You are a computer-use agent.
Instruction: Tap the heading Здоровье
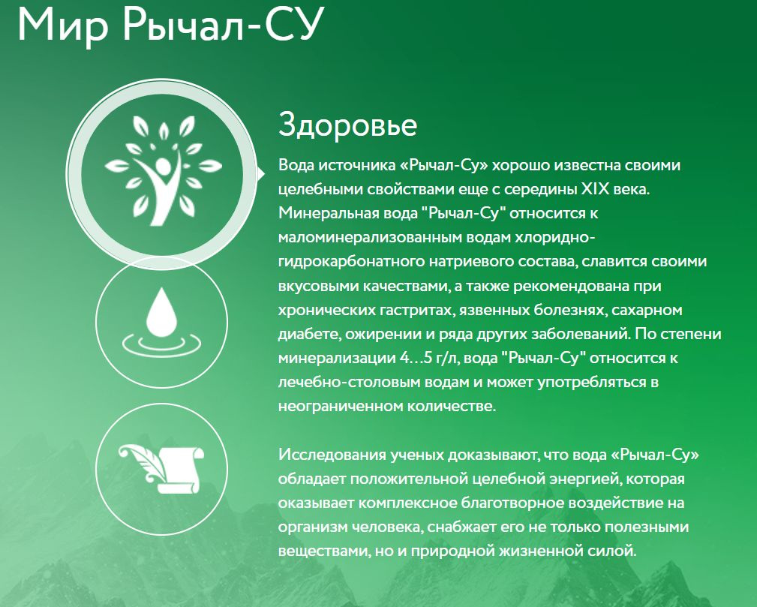click(x=347, y=125)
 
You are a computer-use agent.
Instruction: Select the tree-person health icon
click(x=164, y=170)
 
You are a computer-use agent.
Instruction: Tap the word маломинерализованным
click(x=371, y=238)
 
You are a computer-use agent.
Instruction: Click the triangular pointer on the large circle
click(x=260, y=174)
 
